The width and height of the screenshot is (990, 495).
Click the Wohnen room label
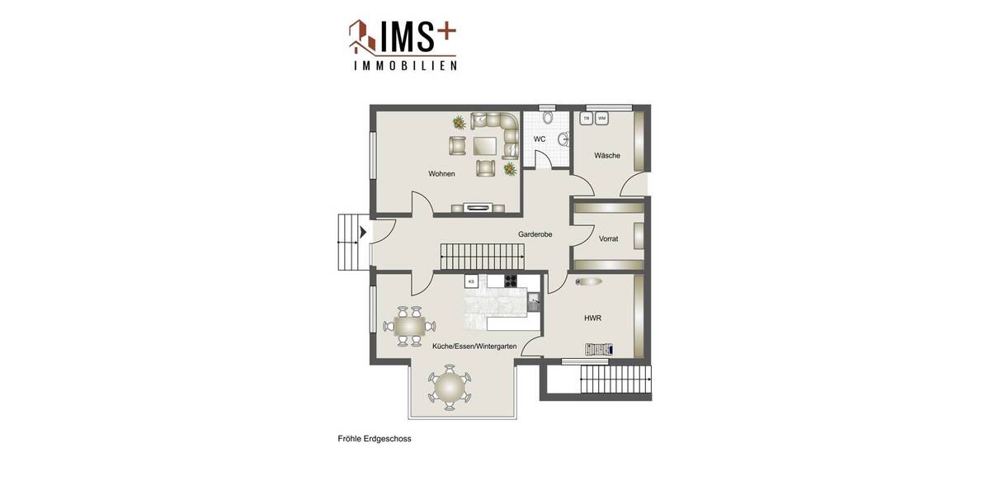(x=441, y=174)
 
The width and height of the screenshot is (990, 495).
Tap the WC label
(x=540, y=139)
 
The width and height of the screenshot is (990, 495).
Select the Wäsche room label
(x=607, y=155)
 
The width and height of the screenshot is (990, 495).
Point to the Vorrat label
(x=609, y=238)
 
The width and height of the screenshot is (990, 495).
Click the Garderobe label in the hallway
(x=535, y=234)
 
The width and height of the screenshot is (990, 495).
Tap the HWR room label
(x=592, y=318)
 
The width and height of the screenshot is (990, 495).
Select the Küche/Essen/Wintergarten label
(x=474, y=346)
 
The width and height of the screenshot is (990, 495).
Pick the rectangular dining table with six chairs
(x=409, y=326)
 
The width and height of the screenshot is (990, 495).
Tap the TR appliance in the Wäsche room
(x=587, y=119)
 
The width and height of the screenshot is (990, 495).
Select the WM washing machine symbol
(x=601, y=119)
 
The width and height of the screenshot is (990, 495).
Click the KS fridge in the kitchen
(x=471, y=281)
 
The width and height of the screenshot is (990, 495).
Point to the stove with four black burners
(x=511, y=280)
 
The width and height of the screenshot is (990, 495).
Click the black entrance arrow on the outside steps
(x=362, y=233)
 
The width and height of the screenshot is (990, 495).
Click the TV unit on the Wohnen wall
(x=478, y=207)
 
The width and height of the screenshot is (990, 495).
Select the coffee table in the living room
(x=485, y=146)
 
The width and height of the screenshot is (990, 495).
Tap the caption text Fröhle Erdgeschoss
(x=375, y=439)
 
